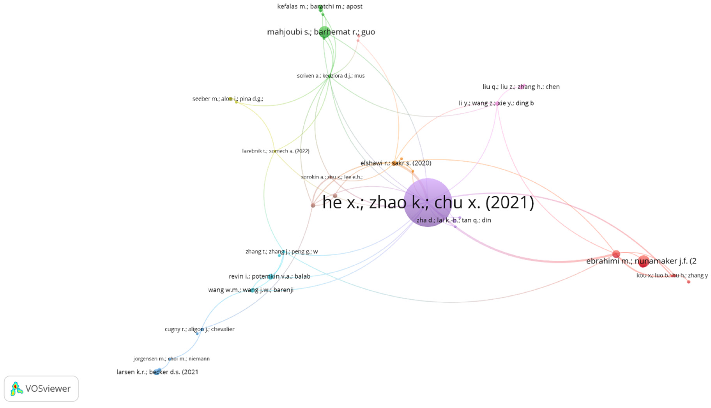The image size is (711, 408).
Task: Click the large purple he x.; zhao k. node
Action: [427, 202]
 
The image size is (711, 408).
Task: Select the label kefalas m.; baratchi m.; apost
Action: [320, 6]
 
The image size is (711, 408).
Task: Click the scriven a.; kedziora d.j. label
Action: [331, 76]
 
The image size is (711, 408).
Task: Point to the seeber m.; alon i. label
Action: [228, 99]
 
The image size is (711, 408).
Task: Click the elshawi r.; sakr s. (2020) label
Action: [396, 163]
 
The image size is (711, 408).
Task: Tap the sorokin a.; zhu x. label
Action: [332, 177]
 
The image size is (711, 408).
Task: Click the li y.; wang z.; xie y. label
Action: [496, 103]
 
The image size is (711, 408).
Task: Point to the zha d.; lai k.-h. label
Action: [454, 220]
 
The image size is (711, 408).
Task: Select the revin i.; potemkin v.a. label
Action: [269, 276]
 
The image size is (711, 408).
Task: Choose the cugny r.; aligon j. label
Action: [199, 329]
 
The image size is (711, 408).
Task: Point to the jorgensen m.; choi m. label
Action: [171, 359]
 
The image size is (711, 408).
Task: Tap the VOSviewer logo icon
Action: [16, 389]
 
